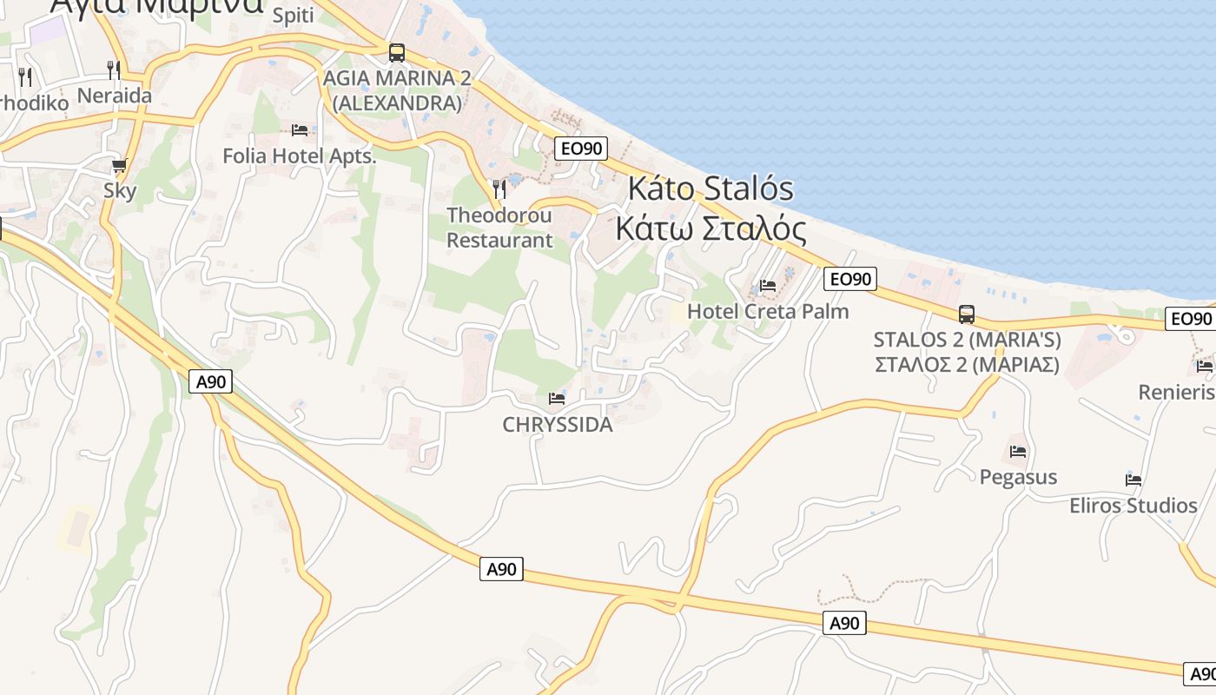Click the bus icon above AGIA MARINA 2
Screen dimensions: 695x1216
point(397,53)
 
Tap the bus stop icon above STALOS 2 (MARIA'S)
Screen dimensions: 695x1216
point(966,314)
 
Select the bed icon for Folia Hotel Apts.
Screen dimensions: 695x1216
point(300,130)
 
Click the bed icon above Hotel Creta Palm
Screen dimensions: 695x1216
point(768,285)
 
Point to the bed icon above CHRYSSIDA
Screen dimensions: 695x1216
point(557,399)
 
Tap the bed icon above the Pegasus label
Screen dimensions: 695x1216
point(1018,452)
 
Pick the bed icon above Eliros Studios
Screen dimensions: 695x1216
point(1133,480)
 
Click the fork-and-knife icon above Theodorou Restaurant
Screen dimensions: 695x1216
point(499,189)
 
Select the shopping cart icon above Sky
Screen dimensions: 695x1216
point(120,165)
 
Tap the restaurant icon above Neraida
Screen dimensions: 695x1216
point(114,69)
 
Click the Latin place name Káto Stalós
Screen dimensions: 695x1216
point(710,188)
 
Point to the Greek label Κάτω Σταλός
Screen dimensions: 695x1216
point(710,228)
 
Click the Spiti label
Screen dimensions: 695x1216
point(293,16)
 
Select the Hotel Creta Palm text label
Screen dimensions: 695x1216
point(768,311)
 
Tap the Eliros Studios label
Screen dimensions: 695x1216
point(1133,506)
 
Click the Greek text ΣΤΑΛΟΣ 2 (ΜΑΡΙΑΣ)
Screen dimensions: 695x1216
point(966,364)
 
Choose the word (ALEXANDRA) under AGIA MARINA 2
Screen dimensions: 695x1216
point(397,103)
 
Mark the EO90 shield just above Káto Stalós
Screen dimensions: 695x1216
point(581,149)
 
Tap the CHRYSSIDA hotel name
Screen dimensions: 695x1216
point(557,425)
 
